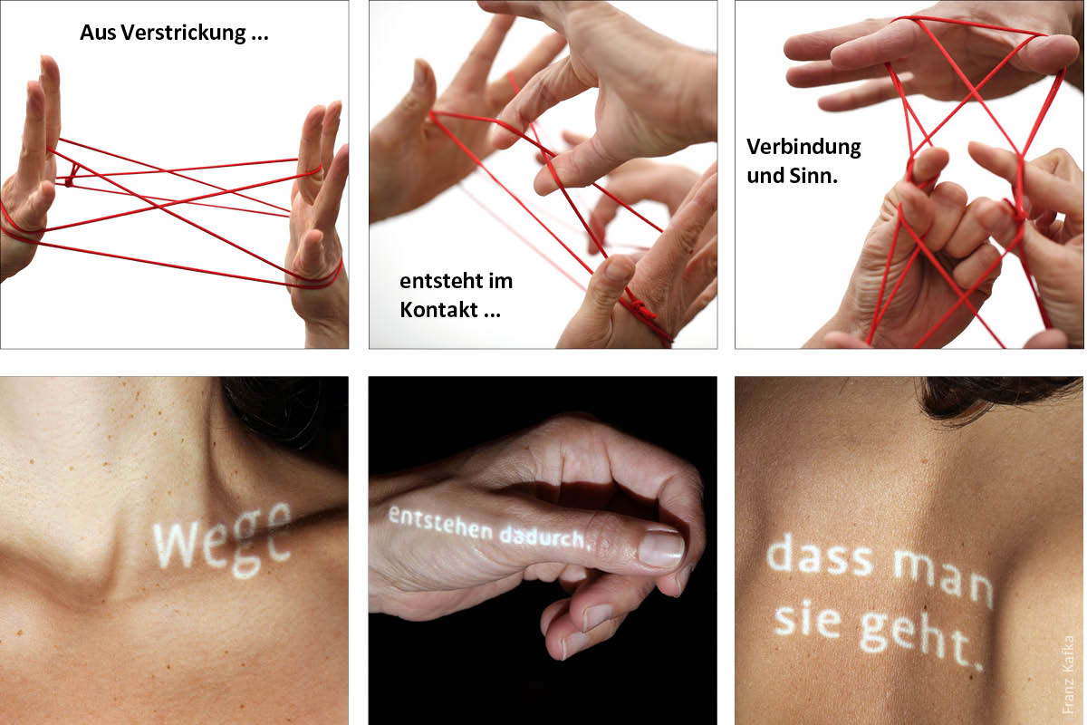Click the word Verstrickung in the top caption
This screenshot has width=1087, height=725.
pos(183,34)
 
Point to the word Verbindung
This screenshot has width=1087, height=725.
pos(803,147)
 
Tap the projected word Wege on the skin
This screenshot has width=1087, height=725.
pos(222,543)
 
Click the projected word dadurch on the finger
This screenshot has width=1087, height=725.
pos(543,537)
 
